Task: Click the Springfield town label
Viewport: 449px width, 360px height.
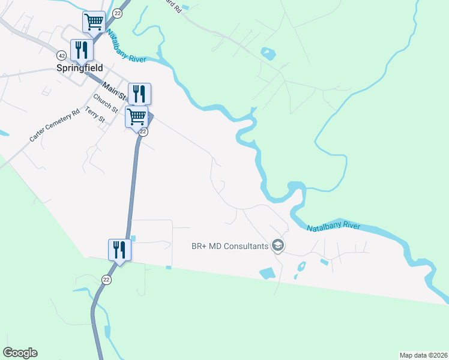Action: pos(80,68)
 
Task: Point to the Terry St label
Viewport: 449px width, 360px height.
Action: pos(95,115)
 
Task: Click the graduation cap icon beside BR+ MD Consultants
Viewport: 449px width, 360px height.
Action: pos(277,245)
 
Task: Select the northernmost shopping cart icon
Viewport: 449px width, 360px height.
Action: pos(94,23)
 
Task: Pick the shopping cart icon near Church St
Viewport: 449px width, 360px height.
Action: pos(137,116)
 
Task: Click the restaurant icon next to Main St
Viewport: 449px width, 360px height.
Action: pos(139,93)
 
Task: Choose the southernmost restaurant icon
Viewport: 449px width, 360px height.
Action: pos(119,249)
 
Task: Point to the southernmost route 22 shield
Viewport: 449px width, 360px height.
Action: pos(106,280)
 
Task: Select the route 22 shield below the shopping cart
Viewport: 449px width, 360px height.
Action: pos(144,131)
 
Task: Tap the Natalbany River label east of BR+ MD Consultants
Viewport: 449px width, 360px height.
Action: pos(333,227)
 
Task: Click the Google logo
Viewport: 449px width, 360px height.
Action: pos(20,353)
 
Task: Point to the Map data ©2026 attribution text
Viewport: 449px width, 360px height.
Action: pos(423,355)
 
